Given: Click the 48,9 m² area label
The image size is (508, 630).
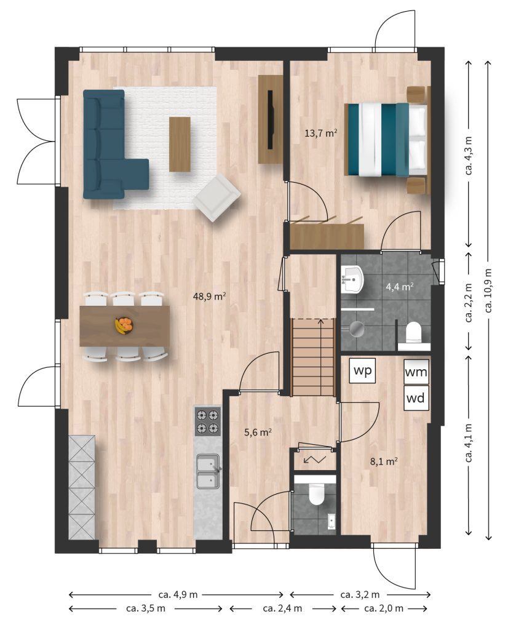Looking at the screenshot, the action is [209, 297].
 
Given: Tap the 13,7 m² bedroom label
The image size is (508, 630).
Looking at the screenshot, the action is [320, 133].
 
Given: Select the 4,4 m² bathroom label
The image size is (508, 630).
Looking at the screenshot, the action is [400, 287].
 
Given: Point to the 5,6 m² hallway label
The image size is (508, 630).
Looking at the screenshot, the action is [258, 433].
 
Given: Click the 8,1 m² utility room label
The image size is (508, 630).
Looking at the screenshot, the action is [384, 461].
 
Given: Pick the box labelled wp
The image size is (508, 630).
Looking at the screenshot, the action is [362, 370].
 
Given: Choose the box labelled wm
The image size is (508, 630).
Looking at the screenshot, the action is [416, 372].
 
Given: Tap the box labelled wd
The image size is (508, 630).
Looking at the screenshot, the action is [416, 398].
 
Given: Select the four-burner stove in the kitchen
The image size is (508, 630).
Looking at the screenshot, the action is [208, 421].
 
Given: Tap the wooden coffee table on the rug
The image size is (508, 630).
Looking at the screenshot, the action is [180, 144].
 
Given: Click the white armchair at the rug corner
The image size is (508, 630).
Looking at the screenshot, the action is [217, 197].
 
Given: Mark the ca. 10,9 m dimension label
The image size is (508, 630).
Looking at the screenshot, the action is [489, 290].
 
